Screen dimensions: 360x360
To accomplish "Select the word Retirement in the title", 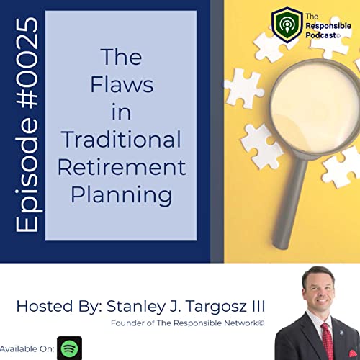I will [120, 167].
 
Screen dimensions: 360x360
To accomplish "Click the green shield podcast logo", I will [287, 25].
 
